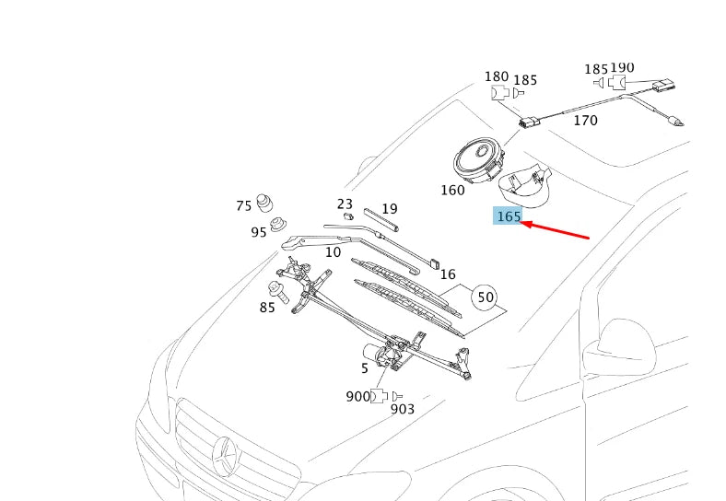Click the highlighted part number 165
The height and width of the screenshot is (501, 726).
[x=509, y=216]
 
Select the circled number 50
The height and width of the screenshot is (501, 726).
[x=485, y=297]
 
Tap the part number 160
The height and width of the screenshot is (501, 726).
[x=452, y=191]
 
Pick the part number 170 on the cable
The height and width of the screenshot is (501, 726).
[x=585, y=121]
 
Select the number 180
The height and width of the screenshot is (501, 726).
[x=497, y=76]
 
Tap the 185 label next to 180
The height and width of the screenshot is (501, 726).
[x=525, y=80]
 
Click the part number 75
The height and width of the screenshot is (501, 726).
[x=243, y=205]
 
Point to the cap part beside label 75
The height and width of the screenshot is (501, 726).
[x=266, y=203]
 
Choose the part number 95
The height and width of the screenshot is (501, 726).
[x=259, y=232]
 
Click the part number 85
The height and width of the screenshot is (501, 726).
[x=267, y=308]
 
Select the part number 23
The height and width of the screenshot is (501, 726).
[x=345, y=204]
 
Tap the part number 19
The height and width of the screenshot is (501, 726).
[x=390, y=209]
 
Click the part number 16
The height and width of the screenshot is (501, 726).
[x=448, y=274]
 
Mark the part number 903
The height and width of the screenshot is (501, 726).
[x=403, y=409]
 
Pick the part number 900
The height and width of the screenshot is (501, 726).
[x=357, y=396]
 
